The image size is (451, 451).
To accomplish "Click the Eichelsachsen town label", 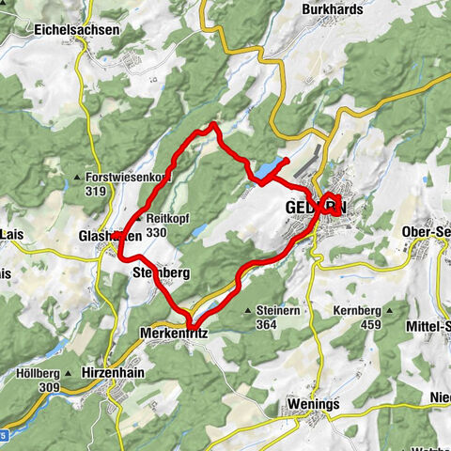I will (x=78, y=30).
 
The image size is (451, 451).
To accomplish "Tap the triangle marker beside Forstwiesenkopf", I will (x=77, y=176).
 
